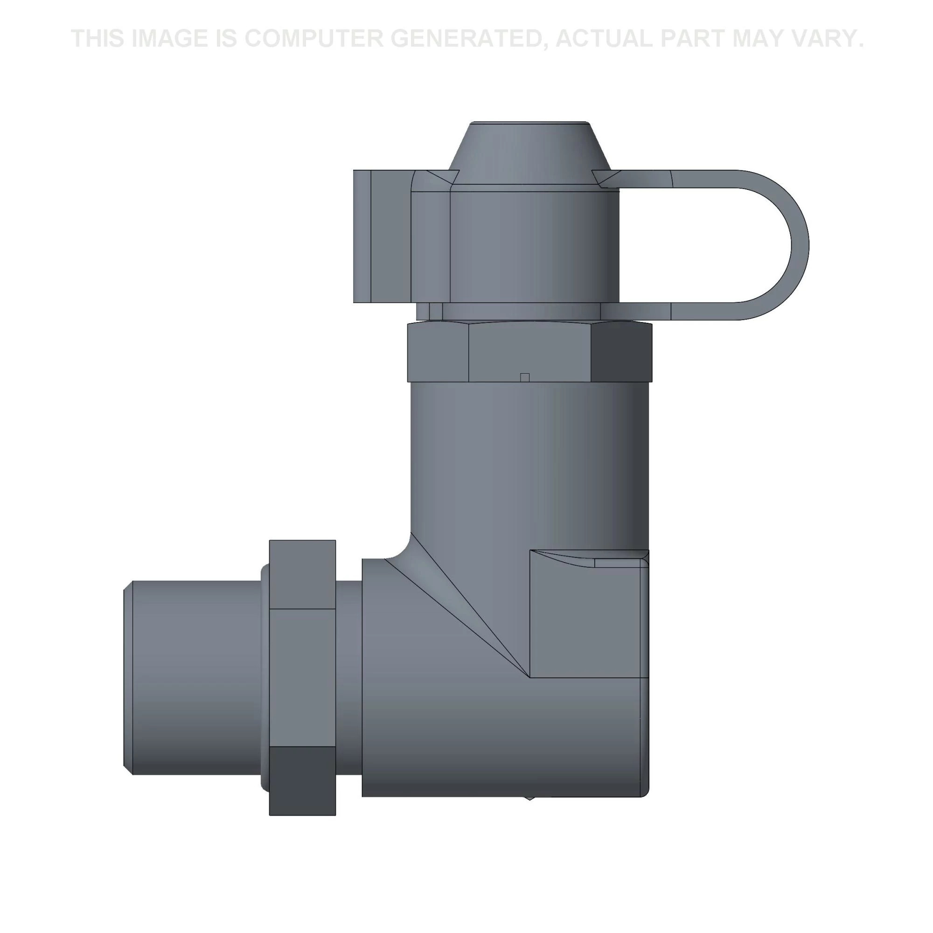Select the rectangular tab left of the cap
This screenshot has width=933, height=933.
coord(382,237)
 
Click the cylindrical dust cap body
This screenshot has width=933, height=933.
coord(531,246)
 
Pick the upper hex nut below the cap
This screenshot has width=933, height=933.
coord(529,353)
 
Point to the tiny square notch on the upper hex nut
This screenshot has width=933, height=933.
coord(525,377)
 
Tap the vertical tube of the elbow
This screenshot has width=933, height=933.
coord(529,464)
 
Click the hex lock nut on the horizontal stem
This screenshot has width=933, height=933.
coord(302,676)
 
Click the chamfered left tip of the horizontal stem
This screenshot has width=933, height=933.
coord(127,676)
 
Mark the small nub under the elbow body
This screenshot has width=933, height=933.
coord(530,798)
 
